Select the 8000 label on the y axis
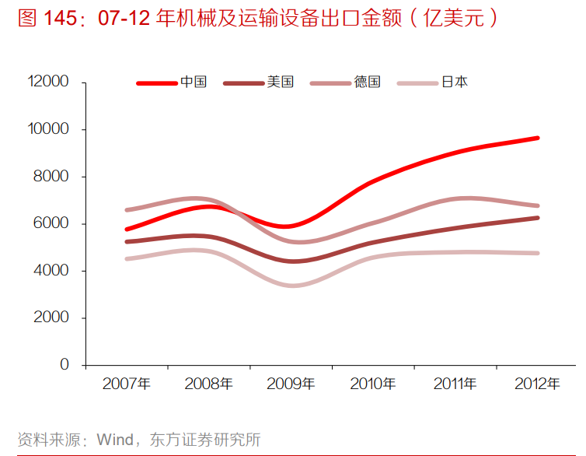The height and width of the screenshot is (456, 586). (x=51, y=177)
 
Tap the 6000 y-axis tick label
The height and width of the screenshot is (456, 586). (x=51, y=224)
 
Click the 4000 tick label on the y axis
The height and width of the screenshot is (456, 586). (x=51, y=271)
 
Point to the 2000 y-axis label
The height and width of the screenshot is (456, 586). (x=51, y=318)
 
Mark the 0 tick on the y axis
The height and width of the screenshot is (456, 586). (x=64, y=365)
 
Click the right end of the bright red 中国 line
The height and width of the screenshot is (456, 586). (x=537, y=138)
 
